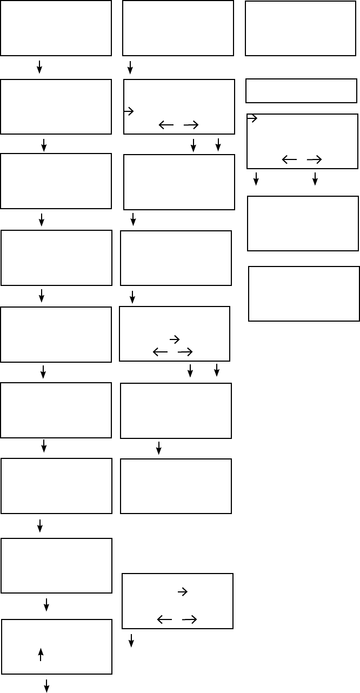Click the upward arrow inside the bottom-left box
(41, 654)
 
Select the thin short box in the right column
(301, 91)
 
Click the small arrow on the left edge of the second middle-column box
(129, 111)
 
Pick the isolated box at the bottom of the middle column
(177, 601)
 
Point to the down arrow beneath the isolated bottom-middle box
(131, 641)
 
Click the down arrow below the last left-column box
(46, 685)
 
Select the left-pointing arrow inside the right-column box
(289, 159)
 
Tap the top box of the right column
(301, 28)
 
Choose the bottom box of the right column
(304, 294)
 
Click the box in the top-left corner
(56, 28)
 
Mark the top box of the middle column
(178, 28)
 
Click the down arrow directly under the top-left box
(39, 67)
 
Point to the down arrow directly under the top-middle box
(130, 68)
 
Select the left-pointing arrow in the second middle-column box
(166, 125)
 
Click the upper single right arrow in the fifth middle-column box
(175, 339)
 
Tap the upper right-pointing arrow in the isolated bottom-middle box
(183, 592)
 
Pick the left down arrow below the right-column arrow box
(256, 179)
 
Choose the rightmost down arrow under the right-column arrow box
(315, 179)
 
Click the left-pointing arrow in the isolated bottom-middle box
(164, 619)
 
